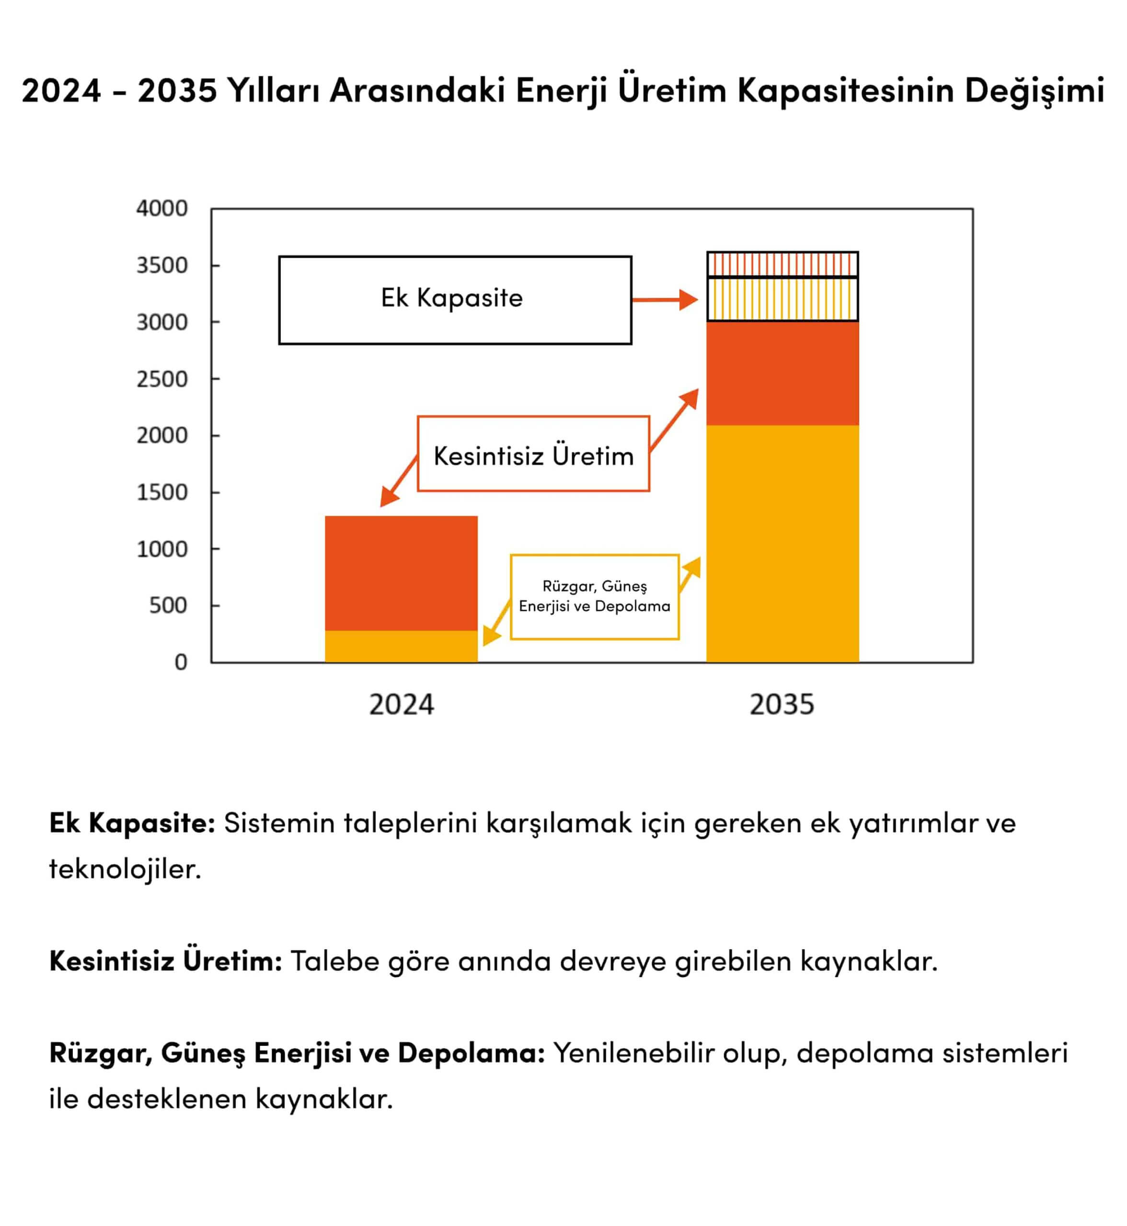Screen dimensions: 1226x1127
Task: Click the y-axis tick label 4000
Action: tap(161, 208)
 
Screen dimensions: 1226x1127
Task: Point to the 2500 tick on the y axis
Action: tap(161, 379)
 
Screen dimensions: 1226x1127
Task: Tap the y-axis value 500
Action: tap(168, 605)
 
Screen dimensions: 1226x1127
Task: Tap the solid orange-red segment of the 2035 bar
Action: tap(782, 373)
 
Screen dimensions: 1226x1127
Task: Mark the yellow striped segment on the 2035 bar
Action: tap(782, 299)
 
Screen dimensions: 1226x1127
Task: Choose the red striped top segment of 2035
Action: tap(782, 264)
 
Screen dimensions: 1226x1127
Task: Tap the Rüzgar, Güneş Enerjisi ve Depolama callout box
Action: tap(595, 596)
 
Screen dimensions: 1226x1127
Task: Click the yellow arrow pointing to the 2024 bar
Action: tap(496, 623)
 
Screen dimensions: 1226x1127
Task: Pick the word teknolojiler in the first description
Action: tap(125, 869)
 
